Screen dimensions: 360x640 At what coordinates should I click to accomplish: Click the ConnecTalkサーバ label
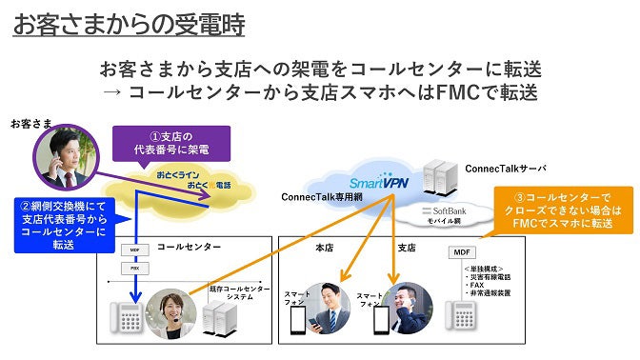tap(505, 169)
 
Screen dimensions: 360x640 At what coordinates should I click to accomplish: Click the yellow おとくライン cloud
tap(194, 181)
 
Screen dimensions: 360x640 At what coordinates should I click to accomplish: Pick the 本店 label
tap(324, 247)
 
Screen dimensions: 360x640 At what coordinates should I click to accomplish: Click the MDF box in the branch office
tap(461, 252)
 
